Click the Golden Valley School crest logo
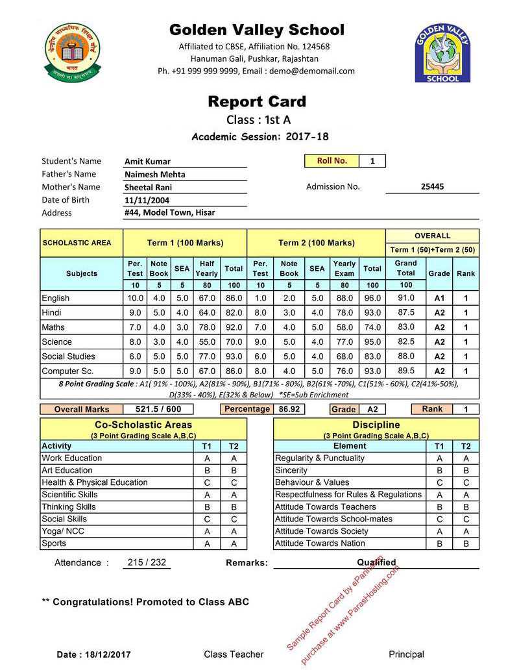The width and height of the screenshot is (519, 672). pos(442,54)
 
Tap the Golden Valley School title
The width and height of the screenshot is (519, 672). pos(257,30)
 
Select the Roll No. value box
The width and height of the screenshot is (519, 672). pos(372,161)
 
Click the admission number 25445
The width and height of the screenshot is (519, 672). pos(432,187)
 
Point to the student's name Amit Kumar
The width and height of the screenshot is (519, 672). pos(148,162)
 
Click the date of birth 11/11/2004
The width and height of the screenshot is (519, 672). pos(147,200)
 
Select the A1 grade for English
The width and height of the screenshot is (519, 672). pos(439,298)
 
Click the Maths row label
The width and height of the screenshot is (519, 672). pos(53,327)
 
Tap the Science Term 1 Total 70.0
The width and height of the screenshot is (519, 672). pos(234,342)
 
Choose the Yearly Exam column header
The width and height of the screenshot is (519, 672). pos(344,268)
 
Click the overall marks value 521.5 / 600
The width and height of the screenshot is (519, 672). pos(154,410)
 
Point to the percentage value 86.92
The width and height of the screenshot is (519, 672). pos(289,410)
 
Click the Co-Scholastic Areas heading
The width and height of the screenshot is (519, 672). pos(143,425)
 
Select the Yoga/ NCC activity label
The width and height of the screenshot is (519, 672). pos(63,531)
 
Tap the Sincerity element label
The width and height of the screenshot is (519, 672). pos(291,470)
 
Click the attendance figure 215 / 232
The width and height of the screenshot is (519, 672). pos(147,562)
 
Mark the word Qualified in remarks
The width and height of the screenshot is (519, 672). pos(376,562)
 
